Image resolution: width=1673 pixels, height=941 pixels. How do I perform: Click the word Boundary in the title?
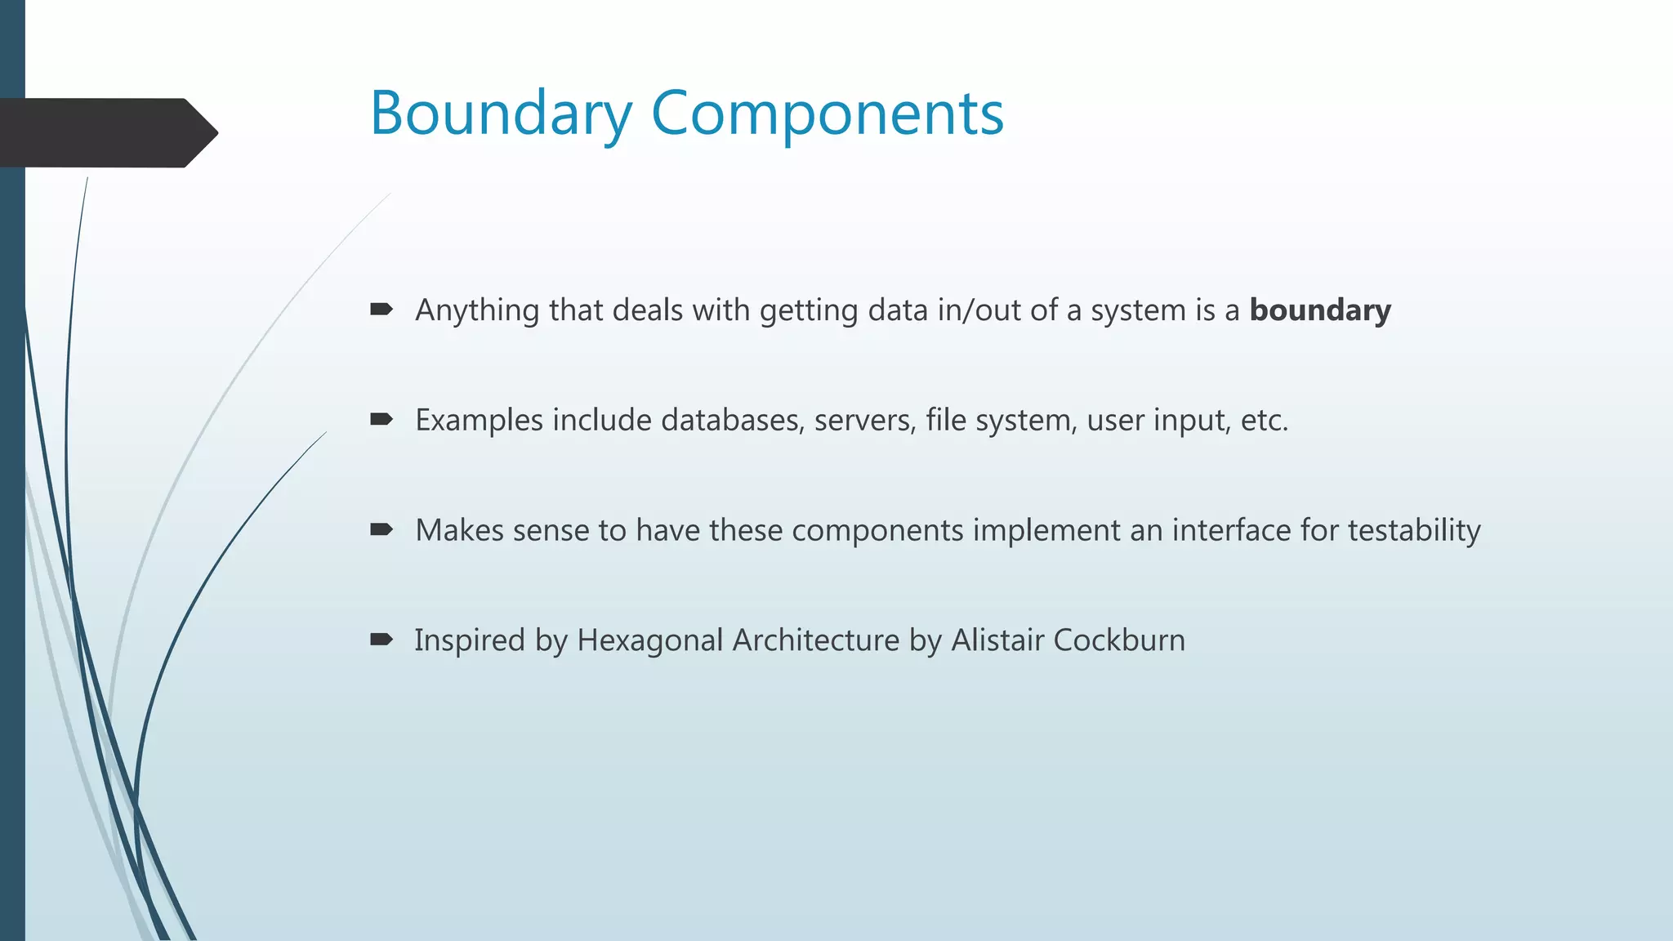click(501, 114)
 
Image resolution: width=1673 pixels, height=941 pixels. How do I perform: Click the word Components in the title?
click(827, 114)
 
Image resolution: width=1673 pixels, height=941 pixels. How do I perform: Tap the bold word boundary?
click(1320, 310)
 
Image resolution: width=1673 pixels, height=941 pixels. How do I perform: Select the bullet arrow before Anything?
click(381, 310)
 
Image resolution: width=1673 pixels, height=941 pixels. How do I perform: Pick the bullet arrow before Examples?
click(381, 420)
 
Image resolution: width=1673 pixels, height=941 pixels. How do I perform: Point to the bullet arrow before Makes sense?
click(381, 530)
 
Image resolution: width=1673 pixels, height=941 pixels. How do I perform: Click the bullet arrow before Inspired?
click(381, 640)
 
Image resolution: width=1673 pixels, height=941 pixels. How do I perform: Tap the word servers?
click(864, 420)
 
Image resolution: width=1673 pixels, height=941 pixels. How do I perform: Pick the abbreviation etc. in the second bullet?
click(1264, 421)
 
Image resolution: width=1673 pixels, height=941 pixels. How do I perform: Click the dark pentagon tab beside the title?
click(106, 133)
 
